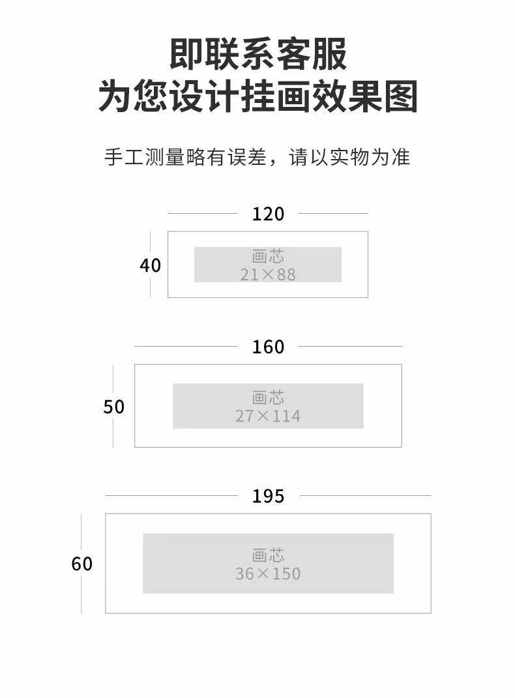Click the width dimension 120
click(x=268, y=214)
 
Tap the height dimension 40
click(x=150, y=266)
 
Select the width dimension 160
click(x=268, y=347)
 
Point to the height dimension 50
click(x=113, y=407)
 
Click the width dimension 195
click(x=268, y=496)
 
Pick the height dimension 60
click(x=82, y=564)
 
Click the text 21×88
click(x=268, y=275)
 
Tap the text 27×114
click(x=268, y=416)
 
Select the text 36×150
click(x=268, y=574)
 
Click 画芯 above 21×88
click(x=268, y=257)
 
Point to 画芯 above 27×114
click(x=268, y=397)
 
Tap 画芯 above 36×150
click(x=268, y=555)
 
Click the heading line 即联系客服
click(x=258, y=54)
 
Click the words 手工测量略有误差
click(x=185, y=157)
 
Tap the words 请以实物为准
click(x=349, y=157)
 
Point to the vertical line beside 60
click(x=81, y=593)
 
